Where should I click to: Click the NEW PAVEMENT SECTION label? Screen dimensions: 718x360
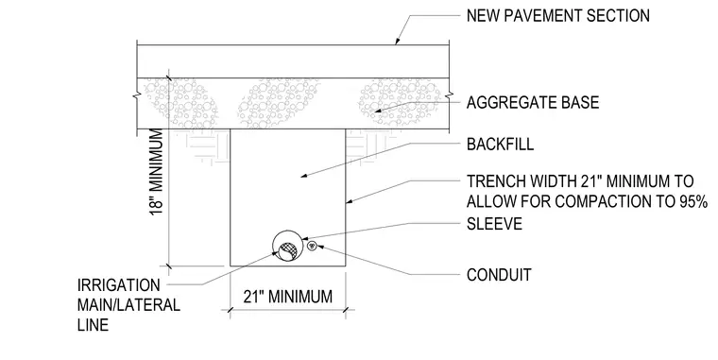(x=557, y=16)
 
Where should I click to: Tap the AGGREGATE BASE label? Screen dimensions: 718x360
(x=533, y=102)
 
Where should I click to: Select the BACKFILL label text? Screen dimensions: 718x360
(x=500, y=145)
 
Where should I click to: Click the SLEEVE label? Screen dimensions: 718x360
(x=494, y=224)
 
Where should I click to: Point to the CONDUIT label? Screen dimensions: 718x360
(x=499, y=275)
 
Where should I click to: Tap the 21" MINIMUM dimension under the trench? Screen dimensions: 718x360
(x=287, y=297)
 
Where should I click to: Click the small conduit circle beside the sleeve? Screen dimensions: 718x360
(x=312, y=245)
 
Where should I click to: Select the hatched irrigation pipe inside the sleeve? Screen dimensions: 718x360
(x=288, y=251)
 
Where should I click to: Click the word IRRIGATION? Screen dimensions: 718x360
(x=119, y=285)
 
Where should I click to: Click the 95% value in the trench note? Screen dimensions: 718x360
(x=694, y=201)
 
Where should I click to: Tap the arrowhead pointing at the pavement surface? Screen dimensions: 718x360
(x=398, y=41)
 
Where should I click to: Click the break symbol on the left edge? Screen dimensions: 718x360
(x=136, y=96)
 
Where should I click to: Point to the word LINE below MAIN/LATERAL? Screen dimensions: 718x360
(x=93, y=325)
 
